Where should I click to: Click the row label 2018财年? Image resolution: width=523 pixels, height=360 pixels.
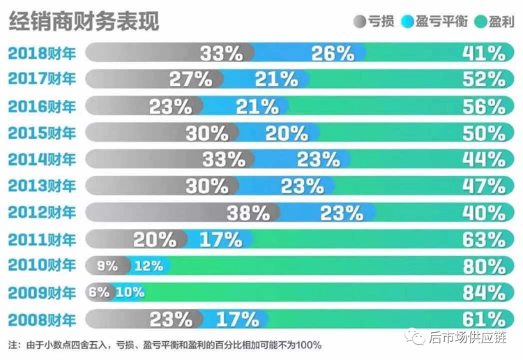click(41, 53)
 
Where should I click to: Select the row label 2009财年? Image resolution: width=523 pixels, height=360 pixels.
click(41, 292)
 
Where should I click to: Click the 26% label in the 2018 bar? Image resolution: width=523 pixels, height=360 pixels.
click(333, 53)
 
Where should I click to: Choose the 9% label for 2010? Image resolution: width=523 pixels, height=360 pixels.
click(108, 266)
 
